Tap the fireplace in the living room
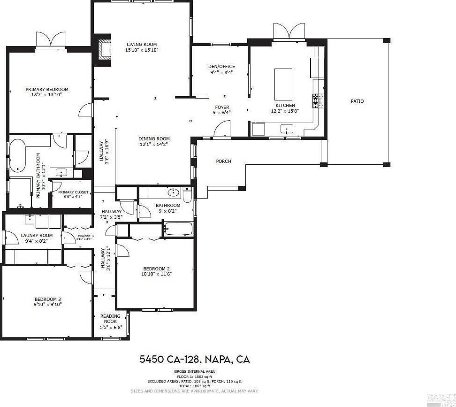(103, 50)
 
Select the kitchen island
(282, 82)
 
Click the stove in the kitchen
(318, 100)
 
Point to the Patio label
(357, 101)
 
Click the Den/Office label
(221, 66)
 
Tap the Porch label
(223, 161)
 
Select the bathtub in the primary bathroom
(17, 155)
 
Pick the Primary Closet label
(70, 192)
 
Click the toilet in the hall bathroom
(187, 195)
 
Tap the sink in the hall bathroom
(174, 192)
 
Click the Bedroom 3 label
(47, 299)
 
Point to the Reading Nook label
(110, 319)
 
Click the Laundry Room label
(37, 235)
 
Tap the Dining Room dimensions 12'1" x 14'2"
(153, 145)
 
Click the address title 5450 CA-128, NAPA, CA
(194, 360)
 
